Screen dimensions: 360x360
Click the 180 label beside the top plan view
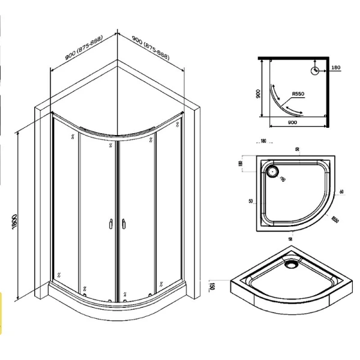[337, 68]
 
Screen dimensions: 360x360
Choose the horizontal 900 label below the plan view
[293, 123]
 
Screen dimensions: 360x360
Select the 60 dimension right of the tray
[341, 191]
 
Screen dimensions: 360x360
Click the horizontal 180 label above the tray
[263, 142]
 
